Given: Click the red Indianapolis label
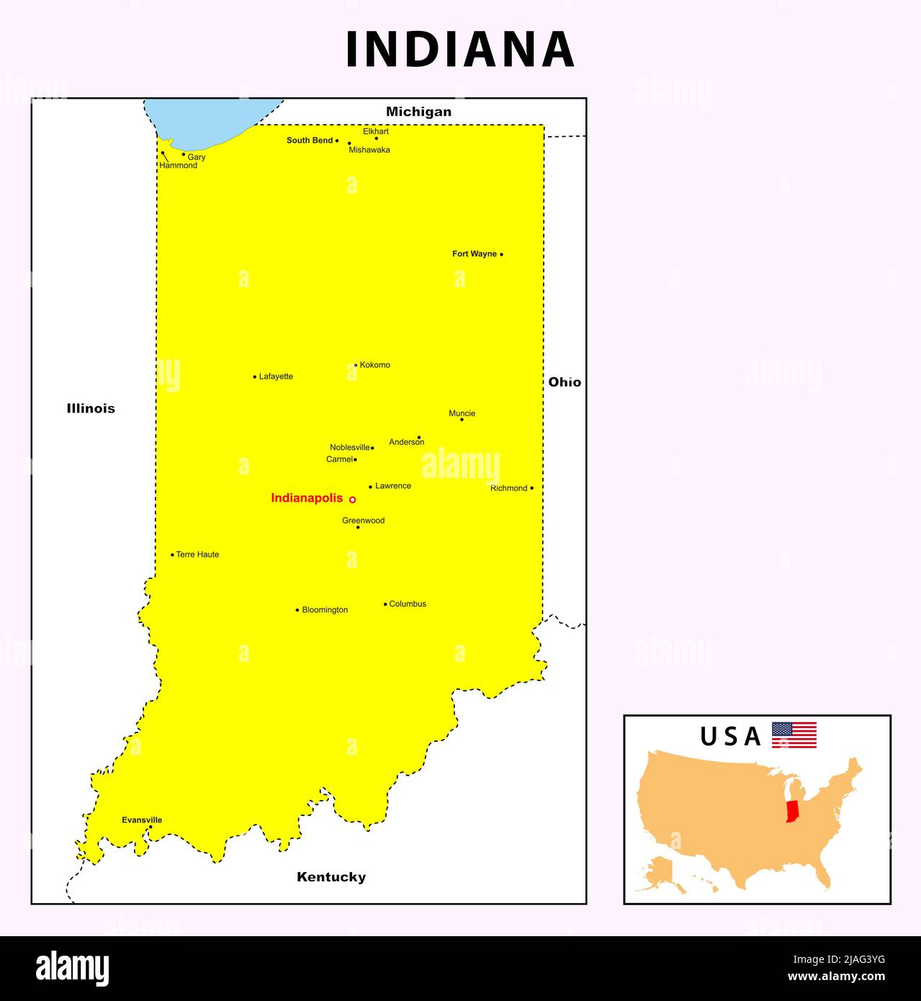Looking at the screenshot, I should point(307,498).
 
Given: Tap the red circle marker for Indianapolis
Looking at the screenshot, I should point(352,499).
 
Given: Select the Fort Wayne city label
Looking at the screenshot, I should point(474,253).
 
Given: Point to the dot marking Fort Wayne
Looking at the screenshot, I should point(501,254).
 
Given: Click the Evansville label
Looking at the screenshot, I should point(142,820).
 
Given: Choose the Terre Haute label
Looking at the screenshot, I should point(197,555).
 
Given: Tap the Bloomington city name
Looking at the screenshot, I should point(325,610).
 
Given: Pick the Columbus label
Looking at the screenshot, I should point(408,603).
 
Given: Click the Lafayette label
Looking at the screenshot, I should point(276,376).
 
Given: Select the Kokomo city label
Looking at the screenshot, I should point(374,365).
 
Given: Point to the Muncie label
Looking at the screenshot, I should point(462,413).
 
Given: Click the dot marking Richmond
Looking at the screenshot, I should point(531,488).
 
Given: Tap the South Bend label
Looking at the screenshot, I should point(310,140).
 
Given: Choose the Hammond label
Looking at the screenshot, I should point(178,166).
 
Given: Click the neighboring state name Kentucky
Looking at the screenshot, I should point(331,876).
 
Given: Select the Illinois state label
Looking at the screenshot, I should point(91,408).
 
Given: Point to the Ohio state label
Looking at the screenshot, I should point(565,382).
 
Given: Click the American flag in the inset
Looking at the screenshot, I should point(794,735).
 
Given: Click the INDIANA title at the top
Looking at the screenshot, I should point(460,49).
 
